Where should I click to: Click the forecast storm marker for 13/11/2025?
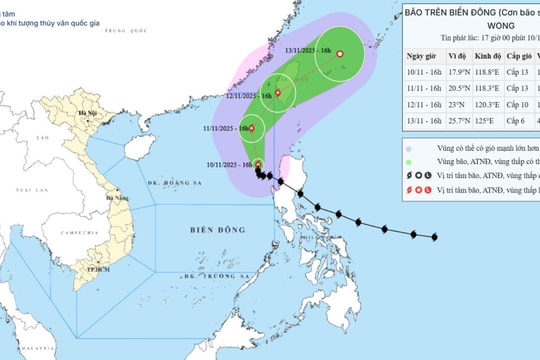pos(339,54)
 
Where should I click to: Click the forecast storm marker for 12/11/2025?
pos(278,93)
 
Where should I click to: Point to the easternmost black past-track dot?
pos(435,237)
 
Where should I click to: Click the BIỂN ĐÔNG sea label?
pos(217,230)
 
